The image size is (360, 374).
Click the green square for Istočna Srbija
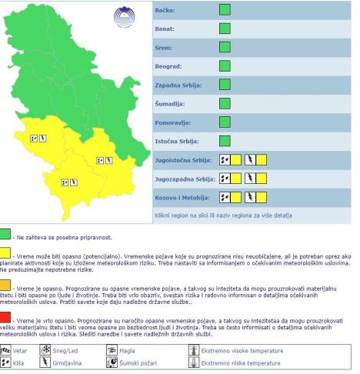[x=225, y=141]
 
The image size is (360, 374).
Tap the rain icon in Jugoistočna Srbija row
[x=225, y=159]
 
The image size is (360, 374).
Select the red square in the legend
[x=6, y=316]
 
